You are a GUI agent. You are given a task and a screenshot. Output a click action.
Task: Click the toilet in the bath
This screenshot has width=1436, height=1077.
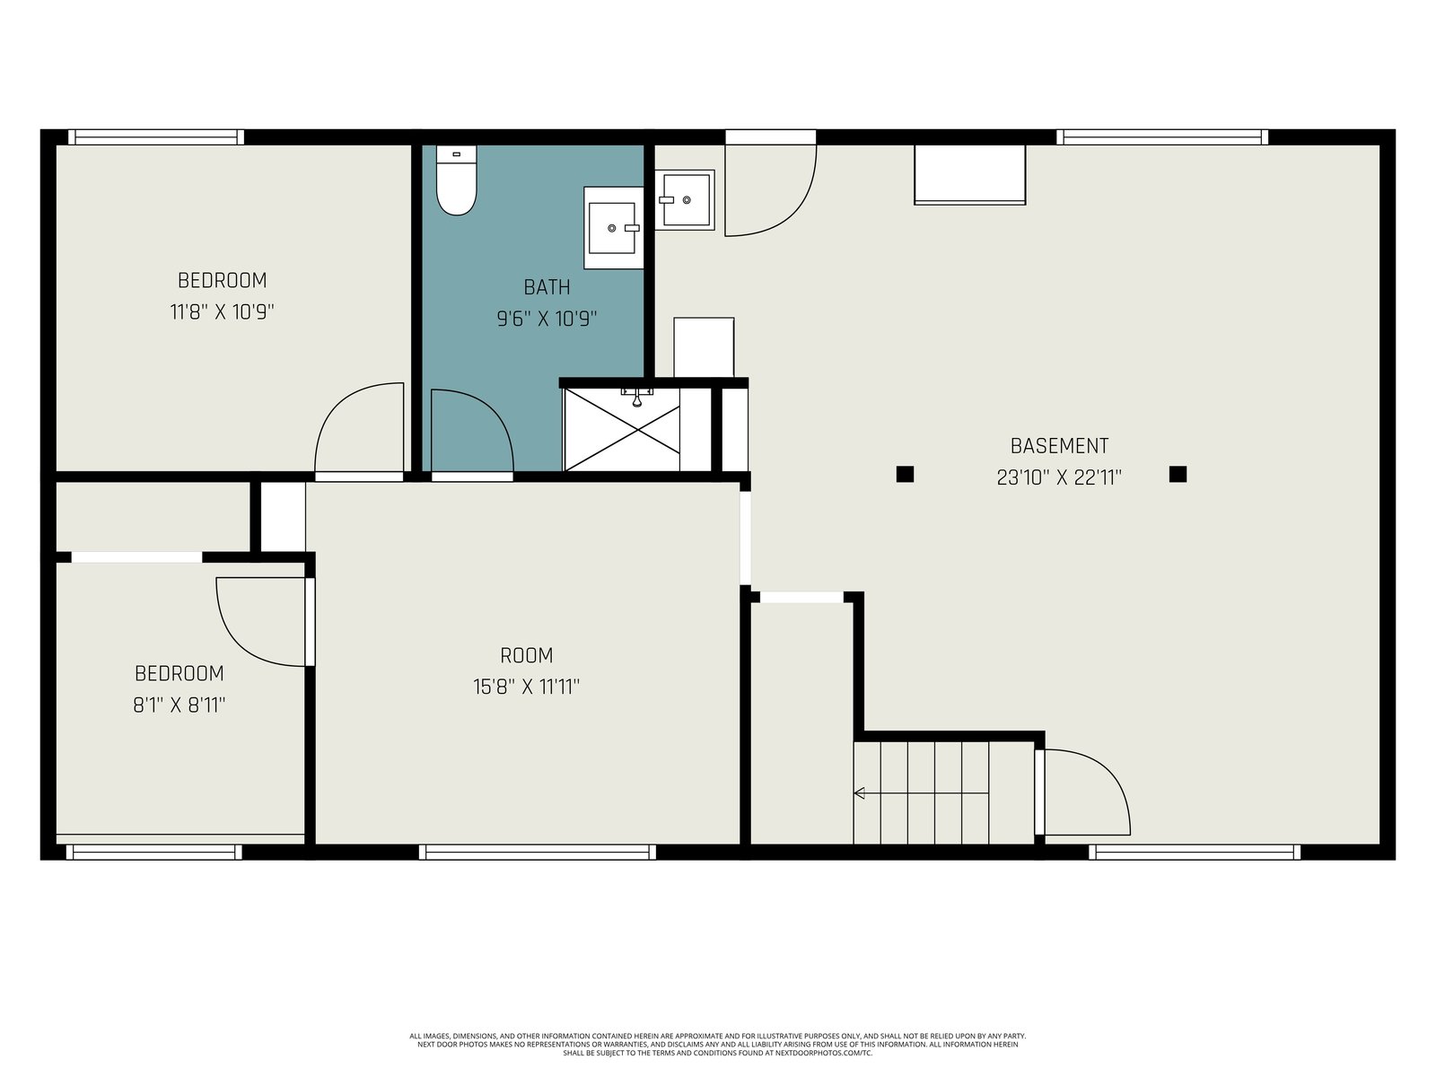pyautogui.click(x=456, y=179)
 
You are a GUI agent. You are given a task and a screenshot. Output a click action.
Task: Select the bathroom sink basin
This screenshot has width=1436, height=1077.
pyautogui.click(x=612, y=228)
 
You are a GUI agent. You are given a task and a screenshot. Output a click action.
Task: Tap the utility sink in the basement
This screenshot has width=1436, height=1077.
pyautogui.click(x=684, y=199)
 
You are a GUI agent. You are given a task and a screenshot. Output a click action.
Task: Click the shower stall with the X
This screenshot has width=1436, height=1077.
pyautogui.click(x=621, y=428)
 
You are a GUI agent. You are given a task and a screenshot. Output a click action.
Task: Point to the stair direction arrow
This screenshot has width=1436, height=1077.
pyautogui.click(x=921, y=793)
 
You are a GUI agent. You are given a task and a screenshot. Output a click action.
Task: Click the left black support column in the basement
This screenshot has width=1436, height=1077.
pyautogui.click(x=905, y=474)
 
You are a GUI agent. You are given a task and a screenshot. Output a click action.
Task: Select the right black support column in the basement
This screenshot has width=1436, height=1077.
pyautogui.click(x=1178, y=474)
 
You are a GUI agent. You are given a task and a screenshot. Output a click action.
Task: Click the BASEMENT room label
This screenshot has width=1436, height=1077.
pyautogui.click(x=1059, y=446)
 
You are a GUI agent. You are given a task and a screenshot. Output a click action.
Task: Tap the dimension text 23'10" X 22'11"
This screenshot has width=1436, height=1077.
pyautogui.click(x=1059, y=478)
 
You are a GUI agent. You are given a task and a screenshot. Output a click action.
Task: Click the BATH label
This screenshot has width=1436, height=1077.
pyautogui.click(x=547, y=287)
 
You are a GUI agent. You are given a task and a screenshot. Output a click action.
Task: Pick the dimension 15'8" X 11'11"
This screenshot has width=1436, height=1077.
pyautogui.click(x=527, y=687)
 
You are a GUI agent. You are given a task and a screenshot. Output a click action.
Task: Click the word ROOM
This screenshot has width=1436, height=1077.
pyautogui.click(x=527, y=655)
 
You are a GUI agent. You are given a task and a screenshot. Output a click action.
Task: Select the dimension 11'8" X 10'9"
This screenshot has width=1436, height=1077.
pyautogui.click(x=222, y=312)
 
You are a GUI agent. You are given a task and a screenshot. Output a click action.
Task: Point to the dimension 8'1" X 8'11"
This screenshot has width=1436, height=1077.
pyautogui.click(x=179, y=705)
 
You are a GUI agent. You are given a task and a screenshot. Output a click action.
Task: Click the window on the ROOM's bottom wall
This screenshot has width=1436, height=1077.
pyautogui.click(x=537, y=852)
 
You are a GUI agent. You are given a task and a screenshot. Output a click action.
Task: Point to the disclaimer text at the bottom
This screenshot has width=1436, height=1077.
pyautogui.click(x=718, y=1045)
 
